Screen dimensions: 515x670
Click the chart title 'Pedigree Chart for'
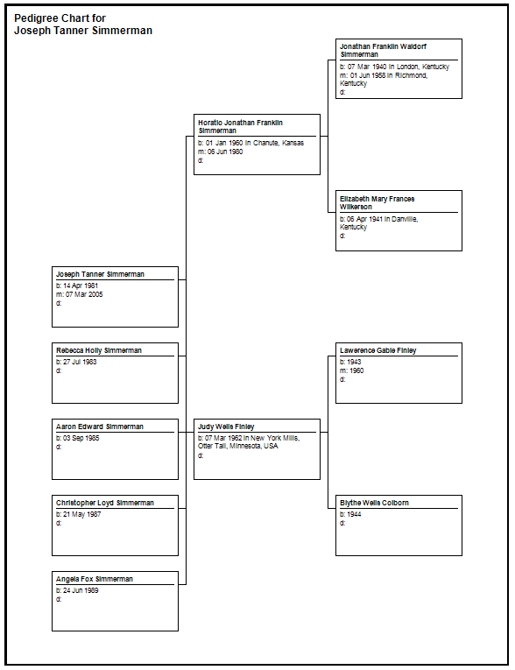pos(60,18)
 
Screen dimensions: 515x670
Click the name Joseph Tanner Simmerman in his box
pos(100,274)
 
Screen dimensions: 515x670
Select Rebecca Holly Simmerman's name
pos(99,350)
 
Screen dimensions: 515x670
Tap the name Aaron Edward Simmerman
pos(100,427)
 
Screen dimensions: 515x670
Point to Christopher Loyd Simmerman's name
pos(105,503)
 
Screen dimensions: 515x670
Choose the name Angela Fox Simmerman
pos(95,579)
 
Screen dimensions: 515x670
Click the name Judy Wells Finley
pos(226,427)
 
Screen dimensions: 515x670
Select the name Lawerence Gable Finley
pos(377,350)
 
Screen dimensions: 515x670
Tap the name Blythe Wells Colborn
pos(374,503)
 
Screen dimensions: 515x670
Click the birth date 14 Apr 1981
pos(81,286)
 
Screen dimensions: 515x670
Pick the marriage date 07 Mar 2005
pos(84,294)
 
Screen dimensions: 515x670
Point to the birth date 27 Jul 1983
pos(80,362)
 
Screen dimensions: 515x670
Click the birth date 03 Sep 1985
pos(81,438)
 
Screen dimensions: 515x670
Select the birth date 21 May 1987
pos(82,514)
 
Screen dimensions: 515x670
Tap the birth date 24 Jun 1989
pos(81,590)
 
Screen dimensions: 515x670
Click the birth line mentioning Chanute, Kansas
pos(250,143)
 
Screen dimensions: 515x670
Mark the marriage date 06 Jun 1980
pos(225,152)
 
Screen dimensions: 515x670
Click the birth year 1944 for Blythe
pos(354,514)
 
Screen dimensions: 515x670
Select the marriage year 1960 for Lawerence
pos(356,370)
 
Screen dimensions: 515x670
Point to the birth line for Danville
pos(378,223)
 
